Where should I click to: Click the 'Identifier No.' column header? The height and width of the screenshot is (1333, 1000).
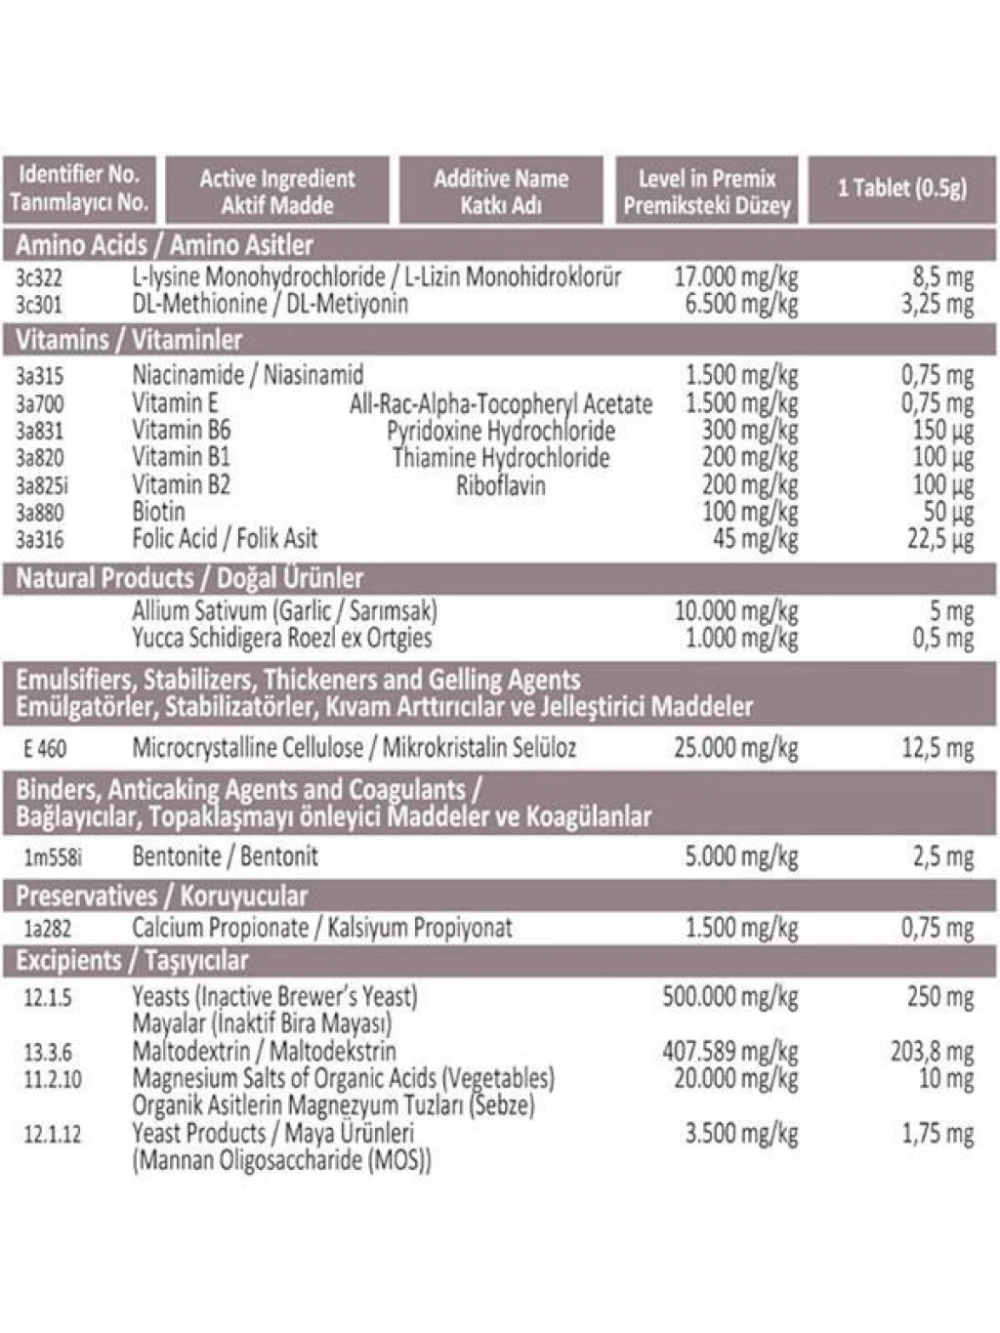(x=78, y=176)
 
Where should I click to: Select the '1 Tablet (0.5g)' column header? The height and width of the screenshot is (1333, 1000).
(x=901, y=187)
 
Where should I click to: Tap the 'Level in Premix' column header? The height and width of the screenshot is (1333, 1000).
(x=706, y=180)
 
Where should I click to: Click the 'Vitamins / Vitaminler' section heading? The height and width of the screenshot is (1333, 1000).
(x=129, y=340)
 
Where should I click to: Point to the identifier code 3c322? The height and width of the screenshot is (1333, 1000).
(x=39, y=278)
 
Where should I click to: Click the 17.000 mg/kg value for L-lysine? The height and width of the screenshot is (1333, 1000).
(x=735, y=277)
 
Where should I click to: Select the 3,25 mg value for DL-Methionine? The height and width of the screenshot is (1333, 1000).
(x=937, y=305)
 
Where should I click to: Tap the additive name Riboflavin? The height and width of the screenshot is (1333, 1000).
(x=500, y=485)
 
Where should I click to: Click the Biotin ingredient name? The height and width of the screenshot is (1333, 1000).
(x=158, y=512)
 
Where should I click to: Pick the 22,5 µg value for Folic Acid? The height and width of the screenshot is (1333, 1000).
(x=939, y=539)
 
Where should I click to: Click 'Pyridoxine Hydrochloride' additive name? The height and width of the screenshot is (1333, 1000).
(x=500, y=431)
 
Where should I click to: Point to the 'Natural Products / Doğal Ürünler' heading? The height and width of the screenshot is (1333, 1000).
(x=189, y=578)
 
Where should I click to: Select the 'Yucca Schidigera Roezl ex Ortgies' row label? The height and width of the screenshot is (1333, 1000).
(x=281, y=639)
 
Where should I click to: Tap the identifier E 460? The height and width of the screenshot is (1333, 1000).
(x=45, y=749)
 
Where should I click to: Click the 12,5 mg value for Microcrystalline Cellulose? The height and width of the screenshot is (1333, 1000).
(x=937, y=749)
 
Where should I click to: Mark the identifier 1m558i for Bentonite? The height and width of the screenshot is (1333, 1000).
(x=53, y=857)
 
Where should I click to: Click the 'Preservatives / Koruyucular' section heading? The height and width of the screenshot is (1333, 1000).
(x=161, y=896)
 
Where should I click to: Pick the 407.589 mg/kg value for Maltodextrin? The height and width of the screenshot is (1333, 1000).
(x=729, y=1052)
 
